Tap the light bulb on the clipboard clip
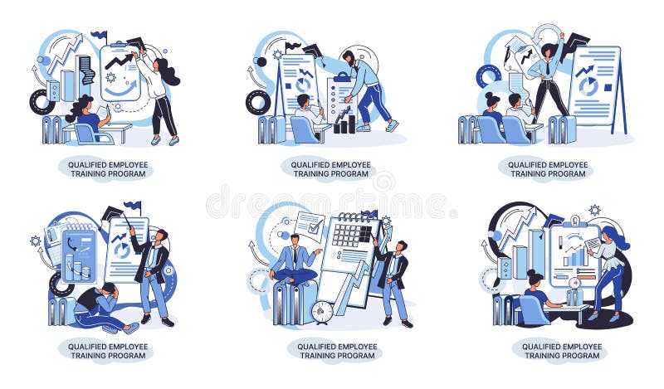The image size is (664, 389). pyautogui.click(x=572, y=222)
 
